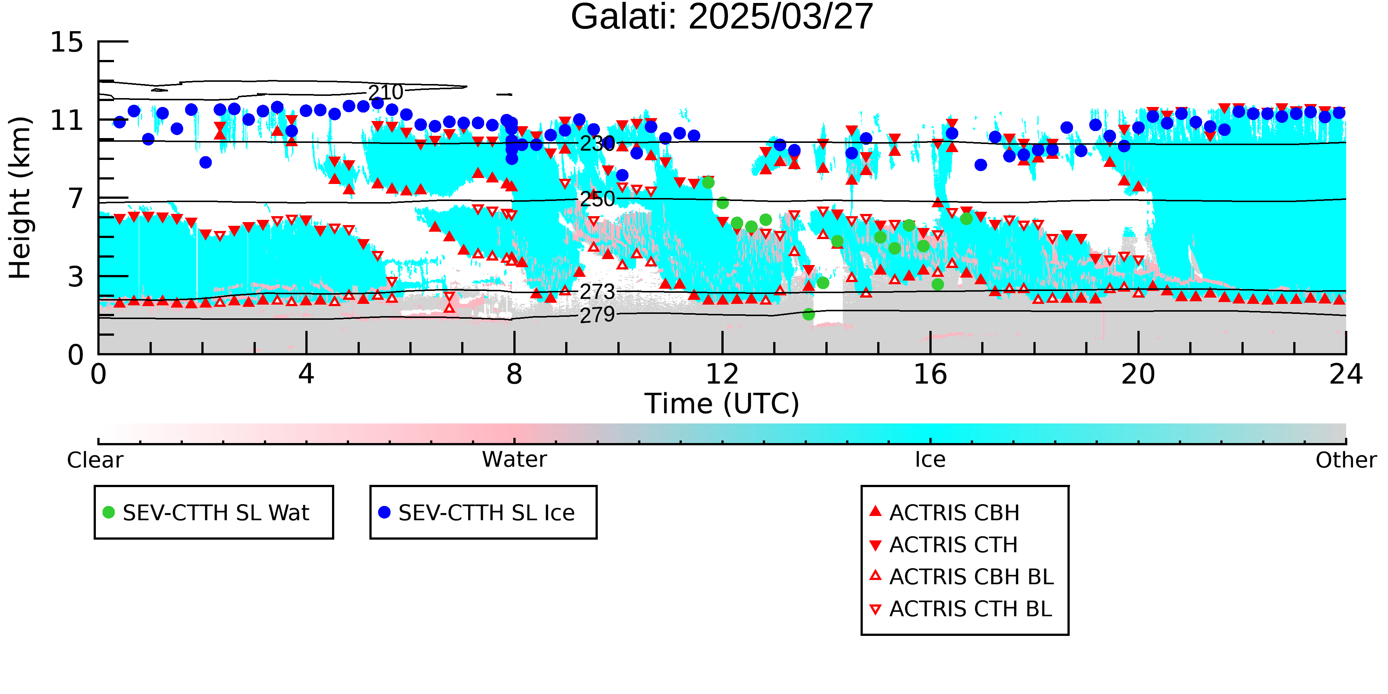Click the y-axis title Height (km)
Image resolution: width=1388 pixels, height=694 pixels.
point(20,198)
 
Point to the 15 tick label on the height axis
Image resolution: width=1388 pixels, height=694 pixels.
point(67,42)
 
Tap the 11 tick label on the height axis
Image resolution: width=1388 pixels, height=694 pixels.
point(67,120)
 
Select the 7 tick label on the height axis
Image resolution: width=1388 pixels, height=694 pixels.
point(76,198)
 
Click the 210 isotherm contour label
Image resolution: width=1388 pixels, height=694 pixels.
point(386,92)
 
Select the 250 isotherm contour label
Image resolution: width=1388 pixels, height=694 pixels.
point(597,200)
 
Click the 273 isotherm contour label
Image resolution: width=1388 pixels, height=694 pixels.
point(597,292)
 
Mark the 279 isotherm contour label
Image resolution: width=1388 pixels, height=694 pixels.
point(597,315)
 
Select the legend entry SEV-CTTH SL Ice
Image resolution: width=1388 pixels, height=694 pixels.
point(476,512)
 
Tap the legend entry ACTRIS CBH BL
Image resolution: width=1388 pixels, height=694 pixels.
point(962,577)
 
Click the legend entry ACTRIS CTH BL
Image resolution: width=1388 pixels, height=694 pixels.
point(961,609)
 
